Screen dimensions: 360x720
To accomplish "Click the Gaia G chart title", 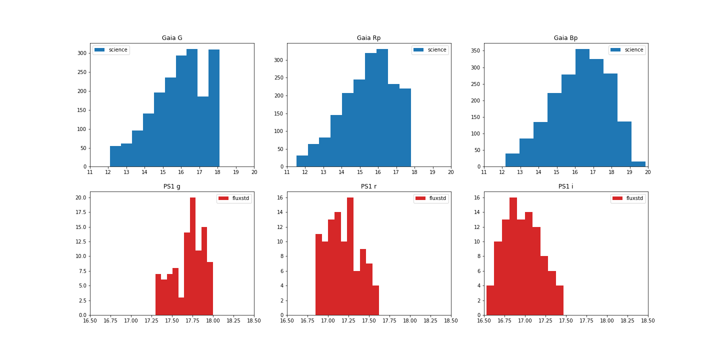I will (x=172, y=38).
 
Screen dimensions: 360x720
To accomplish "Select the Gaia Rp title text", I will (x=368, y=38).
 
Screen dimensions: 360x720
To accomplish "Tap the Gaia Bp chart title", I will (x=565, y=38).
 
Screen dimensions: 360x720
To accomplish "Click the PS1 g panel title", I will (x=172, y=186).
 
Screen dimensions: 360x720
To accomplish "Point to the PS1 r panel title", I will (x=368, y=186).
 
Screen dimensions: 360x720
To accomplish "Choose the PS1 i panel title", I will (x=565, y=186).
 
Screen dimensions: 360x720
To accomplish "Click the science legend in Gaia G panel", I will (x=111, y=50).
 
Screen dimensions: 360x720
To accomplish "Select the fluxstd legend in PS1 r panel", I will (x=432, y=198).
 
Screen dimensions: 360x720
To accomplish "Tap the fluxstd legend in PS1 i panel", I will (x=629, y=198).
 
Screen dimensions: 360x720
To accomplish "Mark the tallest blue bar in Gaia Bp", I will (x=582, y=107).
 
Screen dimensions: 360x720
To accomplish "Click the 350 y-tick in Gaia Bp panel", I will (x=475, y=51).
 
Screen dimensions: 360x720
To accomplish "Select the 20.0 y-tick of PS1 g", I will (x=80, y=197).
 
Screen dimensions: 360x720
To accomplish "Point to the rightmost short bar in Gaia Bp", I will (x=638, y=164).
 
